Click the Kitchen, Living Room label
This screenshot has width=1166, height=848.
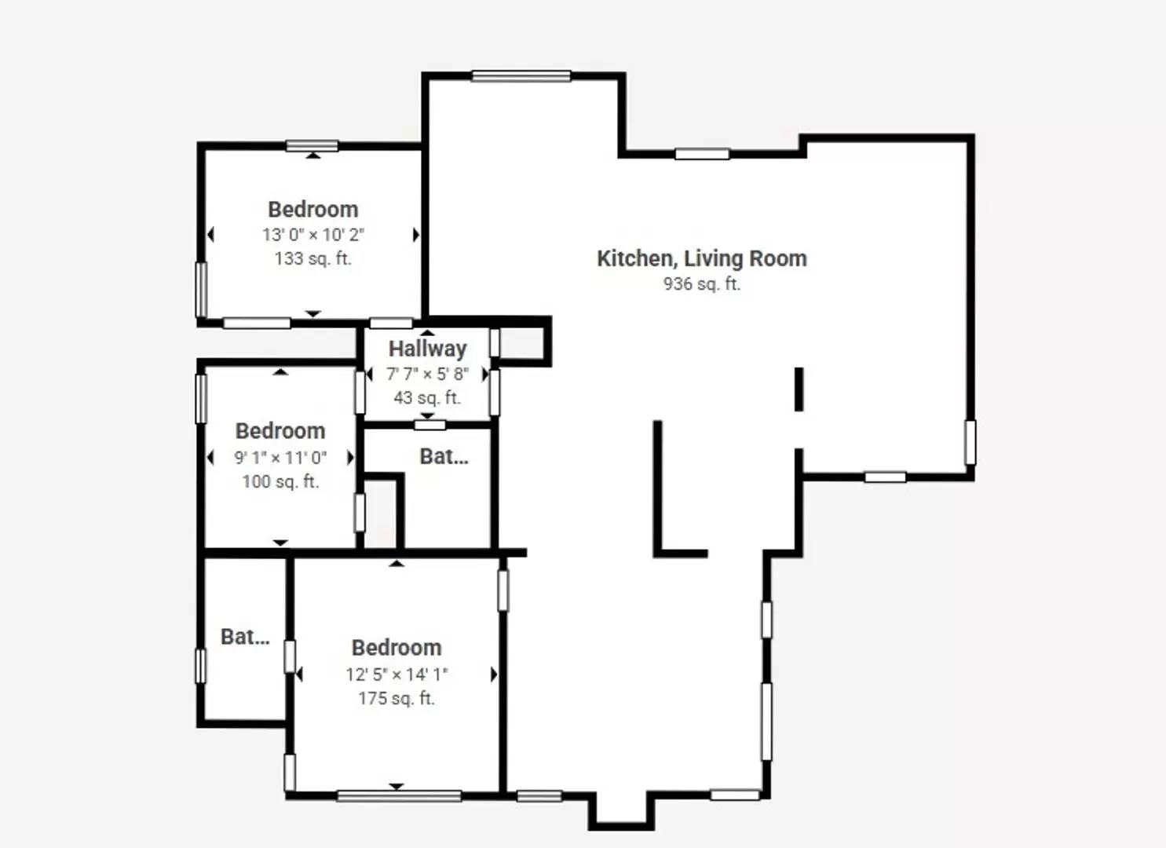tap(701, 258)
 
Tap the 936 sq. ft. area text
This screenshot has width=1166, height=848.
tap(701, 284)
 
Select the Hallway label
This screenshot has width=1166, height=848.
tap(427, 349)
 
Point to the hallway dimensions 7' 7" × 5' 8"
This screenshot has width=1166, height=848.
tap(427, 374)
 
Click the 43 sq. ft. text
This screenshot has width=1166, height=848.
tap(427, 398)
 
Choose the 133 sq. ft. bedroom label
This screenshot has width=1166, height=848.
tap(313, 258)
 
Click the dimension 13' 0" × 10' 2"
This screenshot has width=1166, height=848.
tap(313, 235)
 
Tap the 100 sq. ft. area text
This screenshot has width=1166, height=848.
tap(280, 481)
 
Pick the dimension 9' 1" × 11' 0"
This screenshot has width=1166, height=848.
tap(280, 458)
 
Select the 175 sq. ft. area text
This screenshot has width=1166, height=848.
tap(397, 698)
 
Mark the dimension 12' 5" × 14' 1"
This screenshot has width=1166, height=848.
tap(397, 674)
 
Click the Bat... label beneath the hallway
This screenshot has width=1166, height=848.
tap(444, 457)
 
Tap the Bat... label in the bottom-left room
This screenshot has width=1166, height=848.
tap(245, 637)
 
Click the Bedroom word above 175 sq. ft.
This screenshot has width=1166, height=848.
tap(397, 648)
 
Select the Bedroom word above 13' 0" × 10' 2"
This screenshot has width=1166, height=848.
tap(313, 210)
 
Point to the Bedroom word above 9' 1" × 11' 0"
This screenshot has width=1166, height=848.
tap(280, 431)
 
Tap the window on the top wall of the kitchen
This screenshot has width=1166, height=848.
tap(521, 76)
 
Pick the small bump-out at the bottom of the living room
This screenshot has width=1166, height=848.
tap(621, 813)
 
